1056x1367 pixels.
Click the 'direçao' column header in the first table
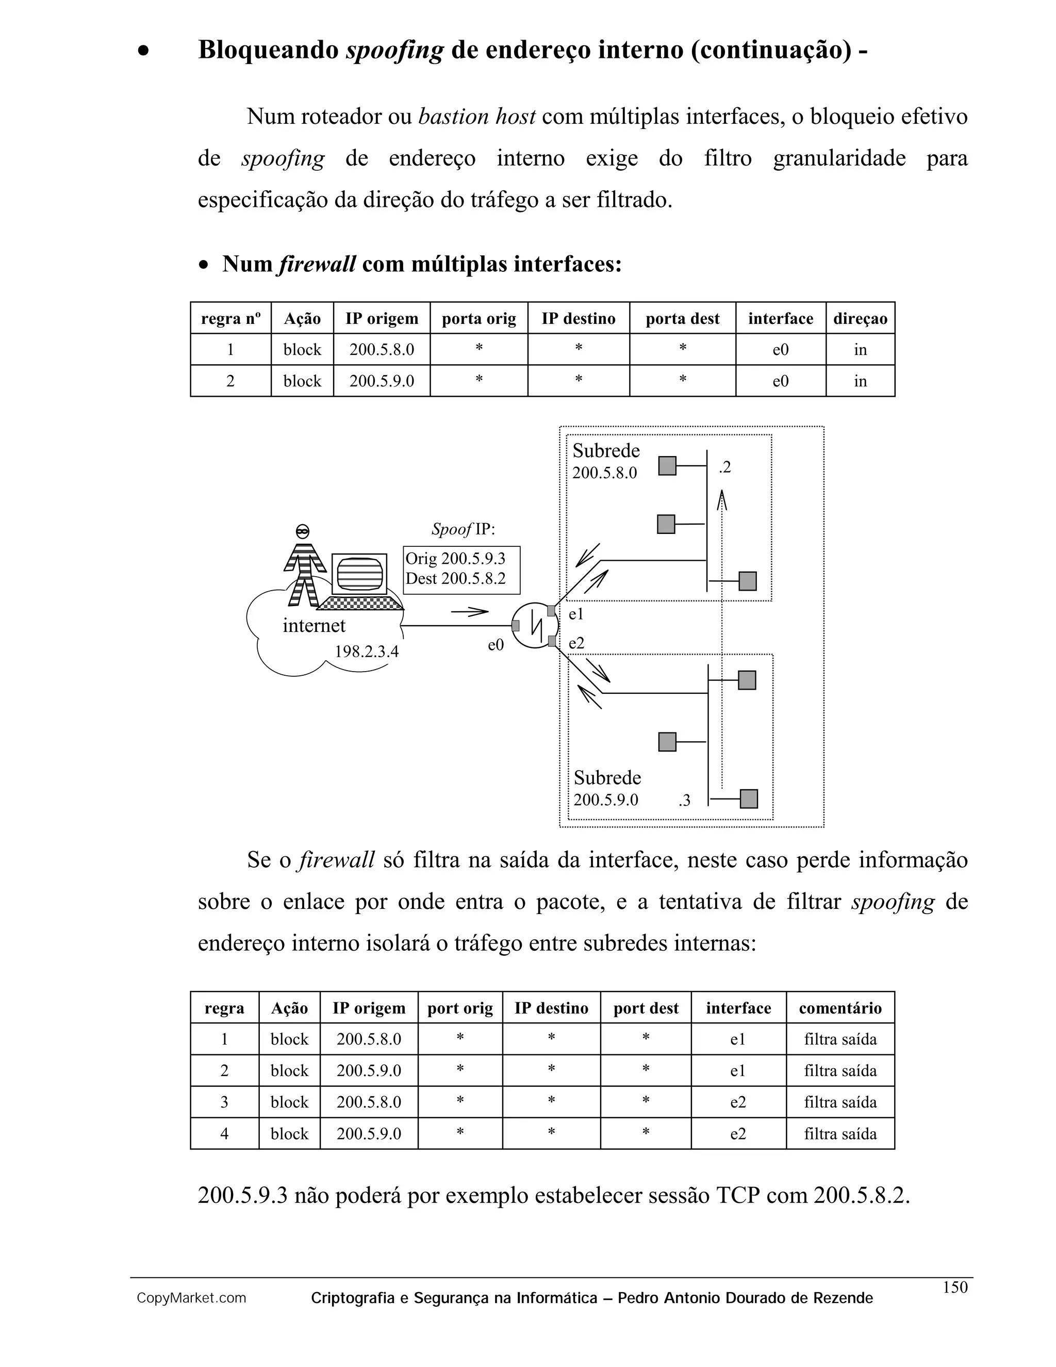click(x=860, y=319)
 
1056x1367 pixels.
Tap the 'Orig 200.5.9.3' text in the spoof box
click(x=455, y=558)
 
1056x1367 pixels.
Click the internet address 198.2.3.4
click(x=366, y=652)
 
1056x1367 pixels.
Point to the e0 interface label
click(x=496, y=645)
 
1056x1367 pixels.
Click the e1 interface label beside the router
click(x=576, y=614)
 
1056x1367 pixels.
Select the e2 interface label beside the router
click(x=576, y=643)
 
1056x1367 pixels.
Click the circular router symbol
click(x=535, y=625)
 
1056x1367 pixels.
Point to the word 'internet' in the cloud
click(x=314, y=625)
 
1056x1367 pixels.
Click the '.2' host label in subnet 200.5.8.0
click(x=724, y=467)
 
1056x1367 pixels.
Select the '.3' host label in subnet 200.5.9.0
click(x=684, y=800)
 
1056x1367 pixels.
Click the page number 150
click(x=954, y=1287)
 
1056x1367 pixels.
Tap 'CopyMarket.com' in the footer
click(x=191, y=1298)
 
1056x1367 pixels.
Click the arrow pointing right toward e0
click(x=469, y=611)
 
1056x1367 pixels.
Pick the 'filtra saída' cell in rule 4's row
click(x=839, y=1133)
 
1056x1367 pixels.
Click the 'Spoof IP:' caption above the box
click(x=463, y=530)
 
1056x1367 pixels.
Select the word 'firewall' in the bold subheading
click(x=318, y=264)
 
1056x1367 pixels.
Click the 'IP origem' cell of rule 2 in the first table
click(x=381, y=381)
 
